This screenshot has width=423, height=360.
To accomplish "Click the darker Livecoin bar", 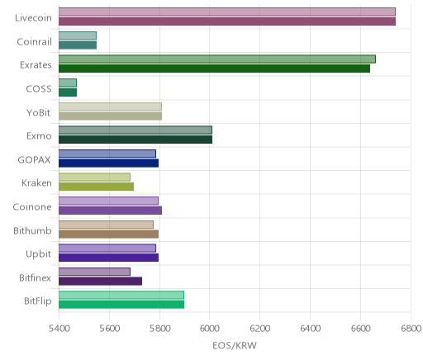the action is tap(227, 21).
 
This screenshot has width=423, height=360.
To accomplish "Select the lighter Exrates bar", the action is tap(217, 59).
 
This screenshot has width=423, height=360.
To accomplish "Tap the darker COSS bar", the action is tap(68, 92).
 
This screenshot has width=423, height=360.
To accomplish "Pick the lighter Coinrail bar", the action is tap(78, 36).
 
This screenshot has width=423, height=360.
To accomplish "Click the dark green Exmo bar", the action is tap(135, 140).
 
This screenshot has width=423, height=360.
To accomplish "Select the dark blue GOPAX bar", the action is tap(108, 163).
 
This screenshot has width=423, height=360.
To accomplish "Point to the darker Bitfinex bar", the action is tap(100, 281).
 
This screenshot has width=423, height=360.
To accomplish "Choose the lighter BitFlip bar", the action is tap(121, 295).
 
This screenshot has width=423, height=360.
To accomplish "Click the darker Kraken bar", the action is tap(96, 187).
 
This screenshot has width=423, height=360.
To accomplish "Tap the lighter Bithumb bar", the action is tap(106, 225).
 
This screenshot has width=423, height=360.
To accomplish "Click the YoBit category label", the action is tap(38, 112).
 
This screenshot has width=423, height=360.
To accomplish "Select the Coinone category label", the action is tap(32, 206).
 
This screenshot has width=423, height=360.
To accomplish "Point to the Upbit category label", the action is tap(38, 254).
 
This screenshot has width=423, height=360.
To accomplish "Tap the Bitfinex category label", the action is tap(35, 277).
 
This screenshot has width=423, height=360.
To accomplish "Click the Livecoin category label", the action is tap(33, 18).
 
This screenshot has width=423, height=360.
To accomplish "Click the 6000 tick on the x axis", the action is tap(210, 329).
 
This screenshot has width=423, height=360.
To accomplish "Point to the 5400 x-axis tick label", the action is tap(59, 329).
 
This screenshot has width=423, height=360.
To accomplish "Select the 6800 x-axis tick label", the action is tap(411, 329).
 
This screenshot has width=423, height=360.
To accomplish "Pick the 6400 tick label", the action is tap(310, 329).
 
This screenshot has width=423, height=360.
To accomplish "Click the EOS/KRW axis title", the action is tap(235, 345).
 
